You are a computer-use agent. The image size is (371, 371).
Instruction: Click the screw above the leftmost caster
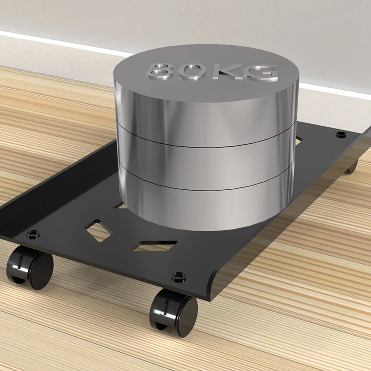click(34, 234)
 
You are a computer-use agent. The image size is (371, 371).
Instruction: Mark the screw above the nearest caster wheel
click(179, 276)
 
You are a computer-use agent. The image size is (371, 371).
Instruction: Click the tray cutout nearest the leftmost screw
click(98, 230)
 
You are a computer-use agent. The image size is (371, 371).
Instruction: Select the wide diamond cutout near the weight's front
click(156, 245)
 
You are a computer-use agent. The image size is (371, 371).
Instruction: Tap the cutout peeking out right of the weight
click(299, 140)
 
